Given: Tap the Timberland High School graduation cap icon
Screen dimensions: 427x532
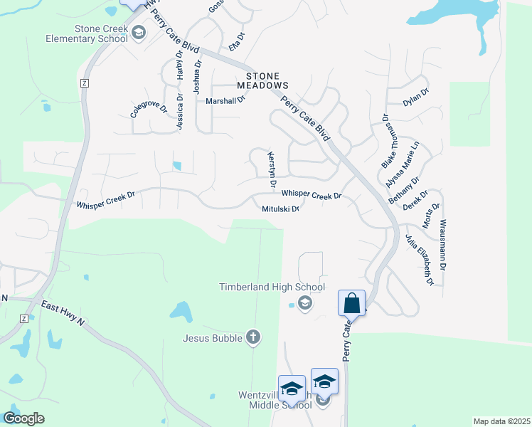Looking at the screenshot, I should [304, 304].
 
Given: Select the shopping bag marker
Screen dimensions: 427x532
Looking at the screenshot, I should [351, 303].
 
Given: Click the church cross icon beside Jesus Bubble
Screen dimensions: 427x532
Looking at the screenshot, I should [253, 337].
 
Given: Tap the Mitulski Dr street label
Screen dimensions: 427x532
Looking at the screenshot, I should [280, 209].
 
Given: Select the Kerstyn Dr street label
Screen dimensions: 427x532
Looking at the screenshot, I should [271, 169].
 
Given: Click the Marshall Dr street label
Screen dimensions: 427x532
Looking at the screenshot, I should [225, 101].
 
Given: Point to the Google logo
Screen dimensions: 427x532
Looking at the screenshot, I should [23, 418].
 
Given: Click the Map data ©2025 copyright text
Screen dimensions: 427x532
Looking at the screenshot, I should [501, 421].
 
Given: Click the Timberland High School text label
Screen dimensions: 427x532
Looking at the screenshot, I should [271, 288].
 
